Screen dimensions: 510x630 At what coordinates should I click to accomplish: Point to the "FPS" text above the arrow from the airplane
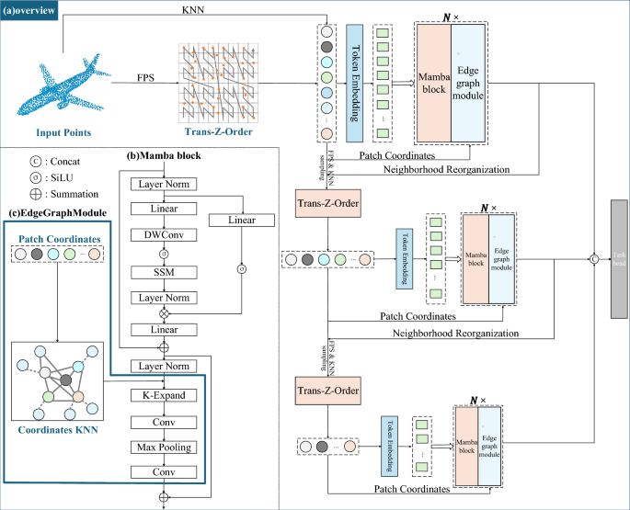coord(144,77)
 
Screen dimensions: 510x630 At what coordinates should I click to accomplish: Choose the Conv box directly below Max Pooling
coord(165,471)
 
